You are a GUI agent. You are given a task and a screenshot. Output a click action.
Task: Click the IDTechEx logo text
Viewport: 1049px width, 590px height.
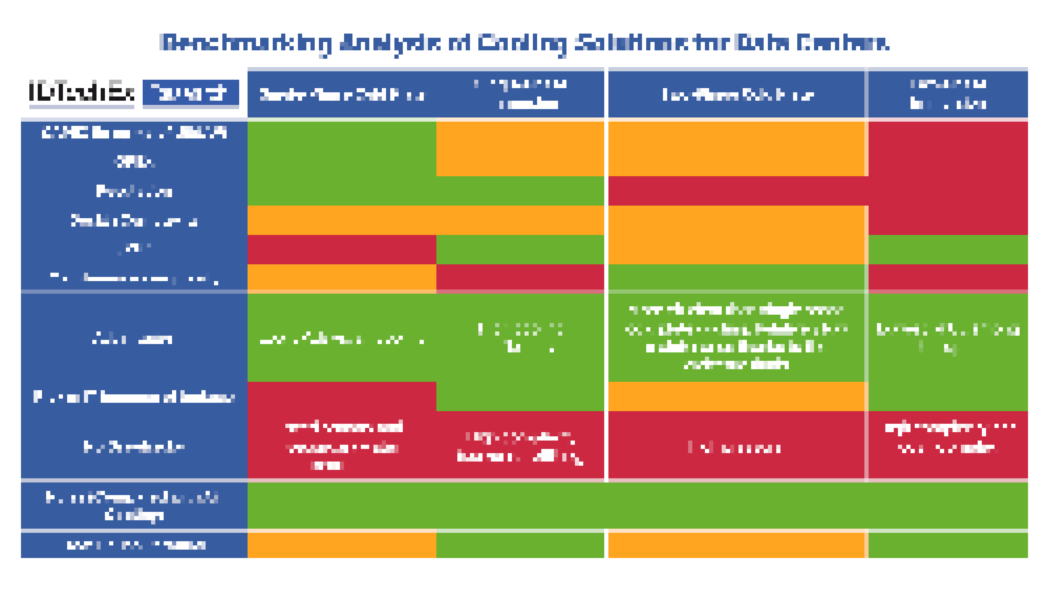point(82,92)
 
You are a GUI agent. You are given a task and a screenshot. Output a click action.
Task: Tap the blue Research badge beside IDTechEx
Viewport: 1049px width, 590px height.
point(191,93)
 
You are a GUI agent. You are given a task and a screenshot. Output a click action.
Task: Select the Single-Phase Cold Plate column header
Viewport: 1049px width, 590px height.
point(342,95)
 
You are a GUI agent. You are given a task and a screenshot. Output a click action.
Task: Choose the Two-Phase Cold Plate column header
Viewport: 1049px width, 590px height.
point(737,95)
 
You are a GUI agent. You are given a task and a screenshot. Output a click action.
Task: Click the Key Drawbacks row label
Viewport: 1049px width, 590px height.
point(134,447)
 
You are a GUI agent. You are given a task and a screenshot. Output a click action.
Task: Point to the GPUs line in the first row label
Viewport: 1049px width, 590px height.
point(134,162)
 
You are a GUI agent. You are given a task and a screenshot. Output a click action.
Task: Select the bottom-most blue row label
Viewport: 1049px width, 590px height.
point(134,545)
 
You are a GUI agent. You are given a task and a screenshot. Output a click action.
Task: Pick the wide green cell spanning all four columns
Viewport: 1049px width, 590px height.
point(637,506)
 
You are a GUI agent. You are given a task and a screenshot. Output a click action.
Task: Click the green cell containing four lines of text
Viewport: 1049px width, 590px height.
point(736,337)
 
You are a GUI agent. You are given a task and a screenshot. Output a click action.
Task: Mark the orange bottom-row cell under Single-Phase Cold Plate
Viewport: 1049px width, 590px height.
point(342,545)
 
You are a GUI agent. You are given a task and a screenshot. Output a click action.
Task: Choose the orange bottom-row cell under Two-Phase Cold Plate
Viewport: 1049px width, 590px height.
point(736,545)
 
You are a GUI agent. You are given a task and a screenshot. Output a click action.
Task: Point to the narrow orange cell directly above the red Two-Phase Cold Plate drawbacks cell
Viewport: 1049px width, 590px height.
point(736,396)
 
